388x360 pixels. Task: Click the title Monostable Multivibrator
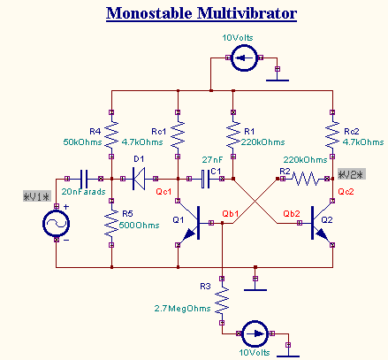202,14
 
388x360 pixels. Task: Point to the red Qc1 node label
164,190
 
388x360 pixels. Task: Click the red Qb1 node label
231,213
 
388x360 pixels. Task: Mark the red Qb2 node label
293,213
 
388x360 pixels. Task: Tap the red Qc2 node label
346,191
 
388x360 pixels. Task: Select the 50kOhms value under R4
81,142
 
